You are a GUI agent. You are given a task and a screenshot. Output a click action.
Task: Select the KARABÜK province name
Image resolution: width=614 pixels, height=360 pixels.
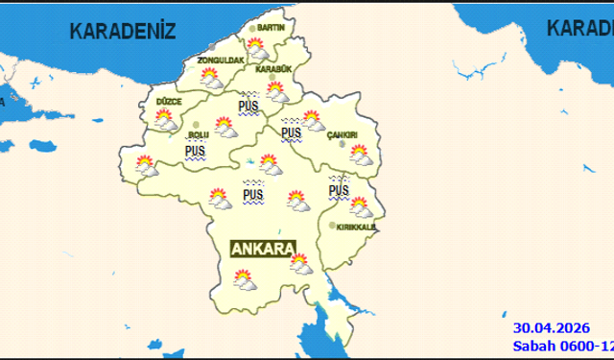coord(273,69)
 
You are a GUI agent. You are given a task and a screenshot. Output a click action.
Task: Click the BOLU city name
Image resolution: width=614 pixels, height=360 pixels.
coord(198,135)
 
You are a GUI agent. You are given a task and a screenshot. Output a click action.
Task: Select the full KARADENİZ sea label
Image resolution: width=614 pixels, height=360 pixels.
coord(122,30)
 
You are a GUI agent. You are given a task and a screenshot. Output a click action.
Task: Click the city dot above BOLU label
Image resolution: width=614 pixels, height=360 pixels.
coord(197,125)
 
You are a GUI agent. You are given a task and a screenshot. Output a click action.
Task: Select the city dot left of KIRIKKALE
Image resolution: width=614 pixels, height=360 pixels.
coord(332,227)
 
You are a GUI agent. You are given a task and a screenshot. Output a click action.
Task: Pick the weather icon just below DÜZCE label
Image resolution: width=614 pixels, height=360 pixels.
coord(165,120)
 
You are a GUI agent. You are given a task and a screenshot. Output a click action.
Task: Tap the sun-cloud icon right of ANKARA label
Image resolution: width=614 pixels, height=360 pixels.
coord(300,263)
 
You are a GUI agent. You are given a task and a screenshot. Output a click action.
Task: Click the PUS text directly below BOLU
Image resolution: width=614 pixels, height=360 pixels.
coord(195,152)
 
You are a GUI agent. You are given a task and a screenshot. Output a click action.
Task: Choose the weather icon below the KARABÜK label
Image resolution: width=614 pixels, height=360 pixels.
coord(276,90)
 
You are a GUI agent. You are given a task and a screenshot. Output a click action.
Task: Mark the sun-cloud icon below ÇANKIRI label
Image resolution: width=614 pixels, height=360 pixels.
coord(360,154)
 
